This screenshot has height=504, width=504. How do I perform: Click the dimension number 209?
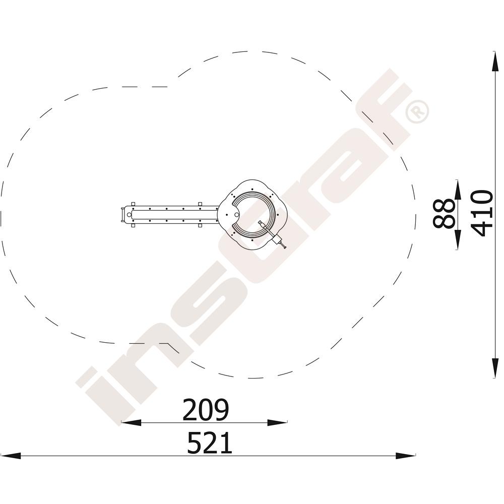(206, 410)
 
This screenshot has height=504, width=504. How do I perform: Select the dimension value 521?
(210, 443)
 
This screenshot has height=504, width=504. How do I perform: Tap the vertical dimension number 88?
(444, 213)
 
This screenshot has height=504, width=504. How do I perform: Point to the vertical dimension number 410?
(482, 213)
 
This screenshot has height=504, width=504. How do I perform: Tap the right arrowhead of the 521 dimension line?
(405, 456)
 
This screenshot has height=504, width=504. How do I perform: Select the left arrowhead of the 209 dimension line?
(131, 422)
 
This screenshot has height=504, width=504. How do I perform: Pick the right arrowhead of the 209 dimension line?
(277, 422)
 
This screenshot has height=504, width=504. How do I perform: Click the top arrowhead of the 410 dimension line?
(495, 61)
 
